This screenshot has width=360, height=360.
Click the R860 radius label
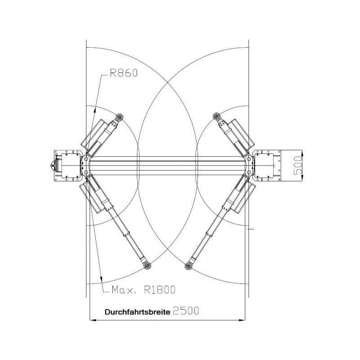pos(124,73)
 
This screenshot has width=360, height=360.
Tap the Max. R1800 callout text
pos(144,290)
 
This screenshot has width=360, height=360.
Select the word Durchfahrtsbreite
pos(138,312)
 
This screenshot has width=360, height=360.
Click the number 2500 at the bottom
pos(186,311)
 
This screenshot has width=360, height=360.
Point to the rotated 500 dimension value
pos(298,165)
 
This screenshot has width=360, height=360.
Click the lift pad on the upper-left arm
pos(119,117)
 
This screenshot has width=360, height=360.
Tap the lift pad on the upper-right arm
pos(217,117)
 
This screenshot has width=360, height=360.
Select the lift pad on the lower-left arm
pos(147,265)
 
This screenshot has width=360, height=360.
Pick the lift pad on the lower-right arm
pos(188,266)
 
